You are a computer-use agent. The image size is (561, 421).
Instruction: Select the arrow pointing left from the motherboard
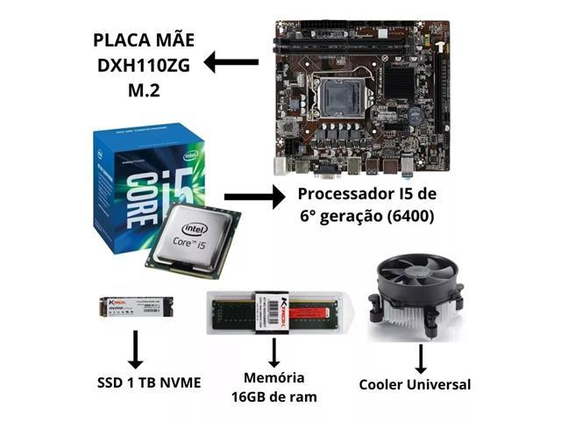(x=231, y=61)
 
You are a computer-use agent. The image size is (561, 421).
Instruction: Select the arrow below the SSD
(x=136, y=349)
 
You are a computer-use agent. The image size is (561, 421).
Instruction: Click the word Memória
(x=274, y=378)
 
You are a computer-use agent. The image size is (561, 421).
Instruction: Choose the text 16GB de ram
(x=274, y=396)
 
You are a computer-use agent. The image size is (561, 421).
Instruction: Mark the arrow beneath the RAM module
(x=274, y=352)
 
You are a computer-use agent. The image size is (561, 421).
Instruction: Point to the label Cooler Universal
(x=415, y=384)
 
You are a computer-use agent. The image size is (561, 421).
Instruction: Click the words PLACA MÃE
(x=143, y=40)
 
